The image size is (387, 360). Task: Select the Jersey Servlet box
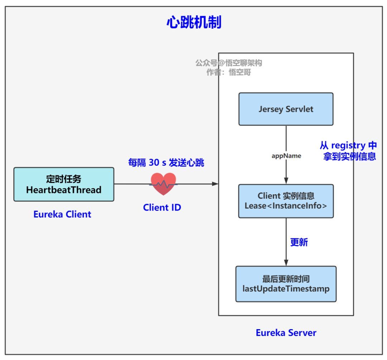tap(286, 109)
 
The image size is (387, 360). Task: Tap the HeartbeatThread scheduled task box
tap(64, 184)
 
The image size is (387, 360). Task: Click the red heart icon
tap(163, 184)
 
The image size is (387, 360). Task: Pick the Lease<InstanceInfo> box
tap(286, 201)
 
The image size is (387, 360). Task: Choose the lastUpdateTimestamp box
tap(286, 284)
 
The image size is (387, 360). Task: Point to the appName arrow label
tap(286, 156)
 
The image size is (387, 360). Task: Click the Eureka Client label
tap(62, 214)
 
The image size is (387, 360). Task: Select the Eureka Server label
tap(286, 333)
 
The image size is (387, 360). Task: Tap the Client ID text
tap(162, 208)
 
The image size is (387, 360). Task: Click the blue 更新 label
tap(299, 242)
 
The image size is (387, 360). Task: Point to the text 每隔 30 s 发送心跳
tap(166, 162)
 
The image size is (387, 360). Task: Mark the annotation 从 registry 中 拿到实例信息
tap(348, 151)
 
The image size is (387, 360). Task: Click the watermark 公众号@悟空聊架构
tap(229, 63)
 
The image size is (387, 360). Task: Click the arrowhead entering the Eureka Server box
tap(215, 184)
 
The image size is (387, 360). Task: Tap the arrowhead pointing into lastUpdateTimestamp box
tap(286, 263)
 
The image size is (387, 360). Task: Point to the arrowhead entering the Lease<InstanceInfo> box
tap(286, 181)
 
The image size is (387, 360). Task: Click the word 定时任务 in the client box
tap(64, 179)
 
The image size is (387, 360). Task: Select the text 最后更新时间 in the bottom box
tap(286, 279)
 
